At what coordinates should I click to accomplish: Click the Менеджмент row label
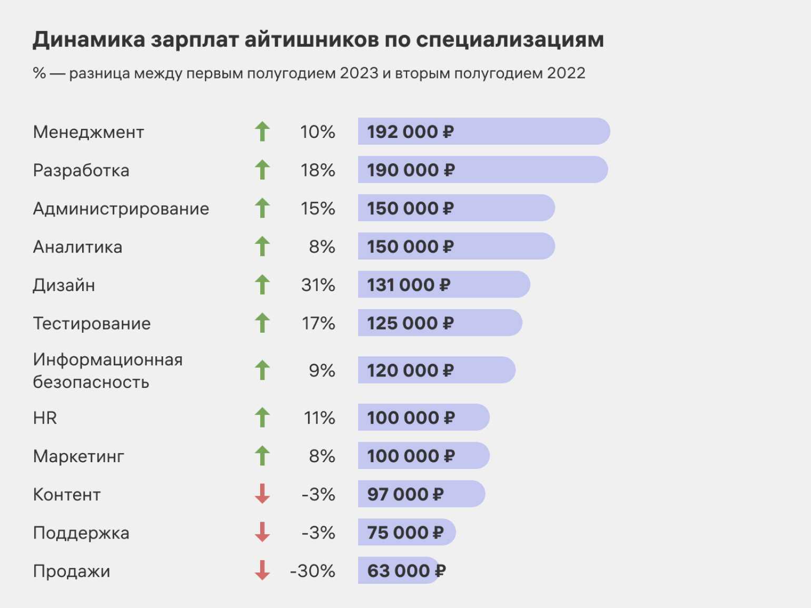[88, 132]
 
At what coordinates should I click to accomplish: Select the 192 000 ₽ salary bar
[483, 132]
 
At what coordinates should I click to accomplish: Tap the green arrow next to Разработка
[262, 170]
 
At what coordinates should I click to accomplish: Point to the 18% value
[318, 170]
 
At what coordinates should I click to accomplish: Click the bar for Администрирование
[456, 208]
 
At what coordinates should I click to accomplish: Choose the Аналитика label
[77, 247]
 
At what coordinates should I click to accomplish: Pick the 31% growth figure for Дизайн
[318, 285]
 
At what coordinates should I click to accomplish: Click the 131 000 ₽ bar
[443, 285]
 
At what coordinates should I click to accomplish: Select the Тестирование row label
[92, 323]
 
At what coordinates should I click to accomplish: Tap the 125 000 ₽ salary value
[410, 323]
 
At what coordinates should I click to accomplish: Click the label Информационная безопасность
[107, 371]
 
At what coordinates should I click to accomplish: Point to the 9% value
[322, 371]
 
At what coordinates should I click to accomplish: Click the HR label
[45, 418]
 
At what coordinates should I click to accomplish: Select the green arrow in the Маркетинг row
[262, 456]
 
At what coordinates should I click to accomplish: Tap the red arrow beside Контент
[262, 494]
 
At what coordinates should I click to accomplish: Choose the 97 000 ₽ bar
[421, 494]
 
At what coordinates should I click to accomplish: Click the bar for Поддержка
[407, 532]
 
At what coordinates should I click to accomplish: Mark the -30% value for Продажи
[312, 571]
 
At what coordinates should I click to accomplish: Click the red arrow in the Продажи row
[262, 570]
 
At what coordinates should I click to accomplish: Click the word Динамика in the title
[88, 39]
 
